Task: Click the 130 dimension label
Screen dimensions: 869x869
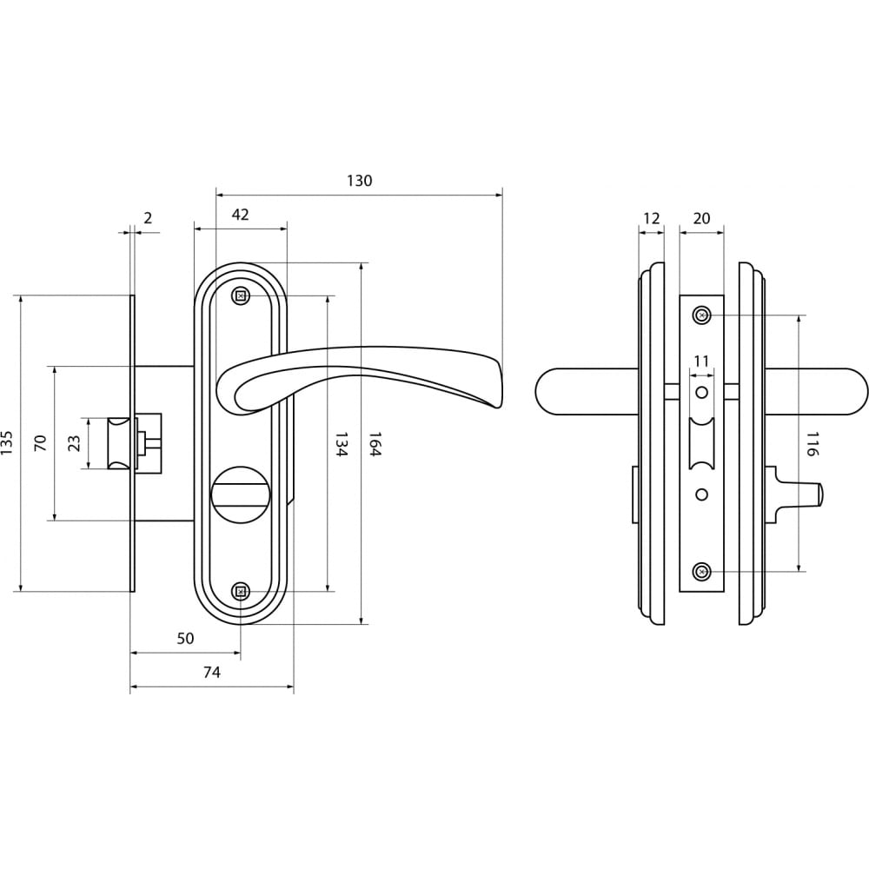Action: coord(360,182)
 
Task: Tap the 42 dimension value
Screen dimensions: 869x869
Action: coord(240,215)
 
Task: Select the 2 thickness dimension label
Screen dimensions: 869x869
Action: coord(148,218)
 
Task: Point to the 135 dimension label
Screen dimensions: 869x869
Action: coord(7,443)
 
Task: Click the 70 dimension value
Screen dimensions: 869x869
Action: coord(41,443)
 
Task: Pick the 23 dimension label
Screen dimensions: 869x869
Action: coord(74,443)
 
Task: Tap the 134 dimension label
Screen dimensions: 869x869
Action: coord(342,444)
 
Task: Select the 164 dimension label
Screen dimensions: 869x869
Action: coord(375,444)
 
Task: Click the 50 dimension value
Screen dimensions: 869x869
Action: coord(186,639)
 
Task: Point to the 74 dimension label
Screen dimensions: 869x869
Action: coord(212,673)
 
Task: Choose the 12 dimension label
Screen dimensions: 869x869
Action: coord(652,218)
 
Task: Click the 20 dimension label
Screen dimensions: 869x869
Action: coord(701,218)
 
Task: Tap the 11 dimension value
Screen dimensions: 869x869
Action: coord(701,362)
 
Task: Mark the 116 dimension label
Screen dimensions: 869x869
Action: coord(812,444)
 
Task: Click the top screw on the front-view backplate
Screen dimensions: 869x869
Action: coord(240,296)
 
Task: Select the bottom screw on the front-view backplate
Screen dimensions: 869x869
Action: coord(240,592)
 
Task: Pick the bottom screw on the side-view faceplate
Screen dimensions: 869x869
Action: coord(701,572)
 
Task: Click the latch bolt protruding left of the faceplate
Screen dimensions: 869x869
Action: coord(119,443)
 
